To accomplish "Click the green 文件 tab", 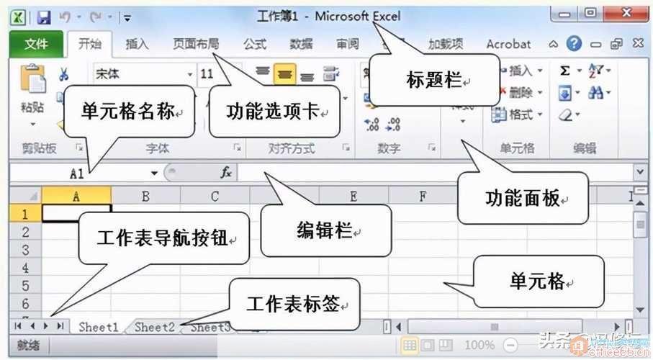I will coord(36,44).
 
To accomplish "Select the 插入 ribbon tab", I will coord(137,44).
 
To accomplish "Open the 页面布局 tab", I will coord(196,44).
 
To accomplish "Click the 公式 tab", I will coord(255,44).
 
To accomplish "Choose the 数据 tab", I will coord(301,44).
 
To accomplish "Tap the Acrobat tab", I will coord(508,44).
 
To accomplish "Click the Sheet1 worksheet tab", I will coord(99,327).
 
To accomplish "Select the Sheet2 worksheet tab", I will coord(155,327).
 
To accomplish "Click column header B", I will coord(145,196).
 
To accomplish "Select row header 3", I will coord(25,250).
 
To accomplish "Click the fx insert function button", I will coord(225,173).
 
